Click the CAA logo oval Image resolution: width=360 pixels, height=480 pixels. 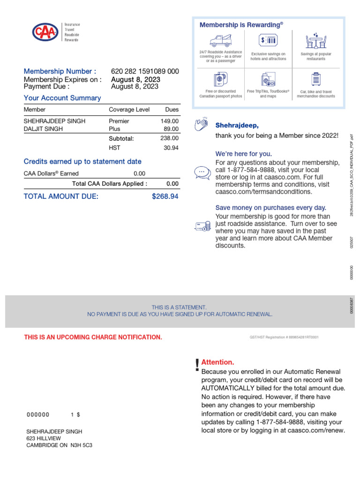pos(45,32)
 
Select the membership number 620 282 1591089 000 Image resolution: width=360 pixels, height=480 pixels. pos(145,71)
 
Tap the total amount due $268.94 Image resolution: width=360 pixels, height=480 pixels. pos(165,196)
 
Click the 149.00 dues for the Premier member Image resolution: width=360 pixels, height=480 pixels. pos(169,121)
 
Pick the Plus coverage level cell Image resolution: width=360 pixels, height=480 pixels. pos(114,129)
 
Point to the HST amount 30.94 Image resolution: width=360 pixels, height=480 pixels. pos(171,148)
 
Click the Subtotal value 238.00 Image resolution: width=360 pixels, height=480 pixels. pos(169,138)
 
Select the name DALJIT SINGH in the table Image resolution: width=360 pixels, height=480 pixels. pos(43,129)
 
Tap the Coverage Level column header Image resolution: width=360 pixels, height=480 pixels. pos(129,110)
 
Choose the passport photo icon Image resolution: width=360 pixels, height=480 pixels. pos(220,79)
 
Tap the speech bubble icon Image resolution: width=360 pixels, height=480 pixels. pos(202,172)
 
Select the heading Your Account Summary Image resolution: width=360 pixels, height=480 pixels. pos(62,98)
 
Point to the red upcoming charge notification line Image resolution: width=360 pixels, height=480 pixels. pos(93,337)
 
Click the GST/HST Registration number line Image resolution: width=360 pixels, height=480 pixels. pos(284,337)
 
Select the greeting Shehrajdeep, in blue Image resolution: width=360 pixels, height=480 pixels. pos(237,126)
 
